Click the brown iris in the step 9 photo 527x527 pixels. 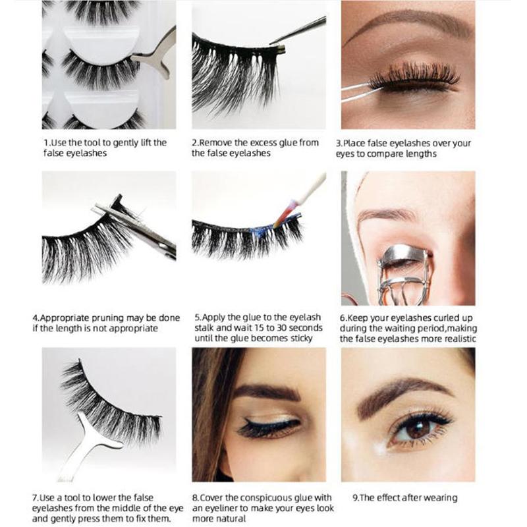[417, 430]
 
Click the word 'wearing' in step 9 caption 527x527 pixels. [441, 498]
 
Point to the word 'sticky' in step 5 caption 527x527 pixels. [302, 339]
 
